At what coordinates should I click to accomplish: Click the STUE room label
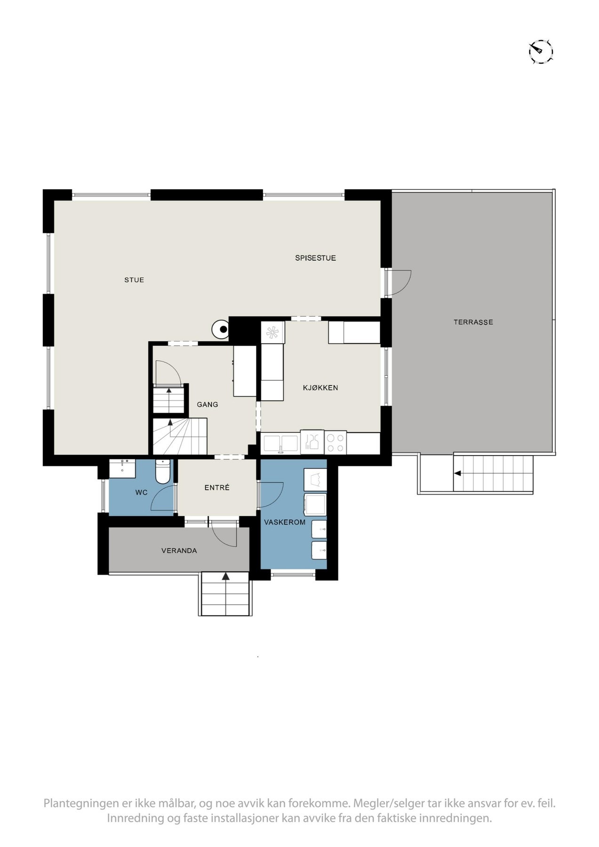(x=134, y=280)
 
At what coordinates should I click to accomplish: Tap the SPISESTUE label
(x=315, y=258)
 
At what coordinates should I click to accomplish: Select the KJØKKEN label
(x=320, y=388)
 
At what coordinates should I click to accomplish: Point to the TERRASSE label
(x=473, y=322)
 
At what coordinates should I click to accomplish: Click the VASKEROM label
(x=285, y=522)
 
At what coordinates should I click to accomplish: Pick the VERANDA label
(x=179, y=551)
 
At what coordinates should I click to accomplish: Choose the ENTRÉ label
(x=217, y=488)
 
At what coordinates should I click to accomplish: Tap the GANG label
(x=208, y=404)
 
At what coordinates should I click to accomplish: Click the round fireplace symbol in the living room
(x=221, y=329)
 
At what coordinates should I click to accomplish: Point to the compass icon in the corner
(x=540, y=51)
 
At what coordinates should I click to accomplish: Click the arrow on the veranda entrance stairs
(x=226, y=576)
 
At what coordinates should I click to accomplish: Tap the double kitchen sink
(x=281, y=443)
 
